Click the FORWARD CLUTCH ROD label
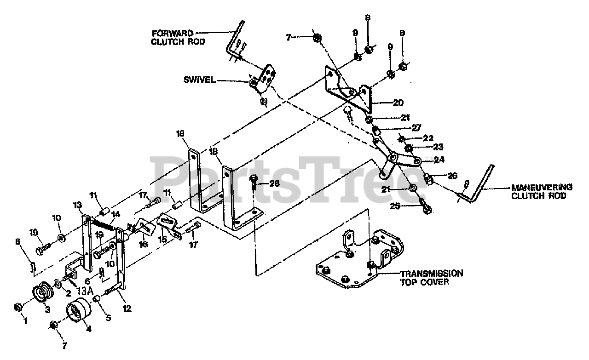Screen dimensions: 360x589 179,37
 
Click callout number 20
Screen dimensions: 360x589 398,103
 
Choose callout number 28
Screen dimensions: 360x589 275,183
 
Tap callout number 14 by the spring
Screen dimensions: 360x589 115,214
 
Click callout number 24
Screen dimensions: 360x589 439,160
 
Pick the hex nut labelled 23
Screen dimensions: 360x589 408,149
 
